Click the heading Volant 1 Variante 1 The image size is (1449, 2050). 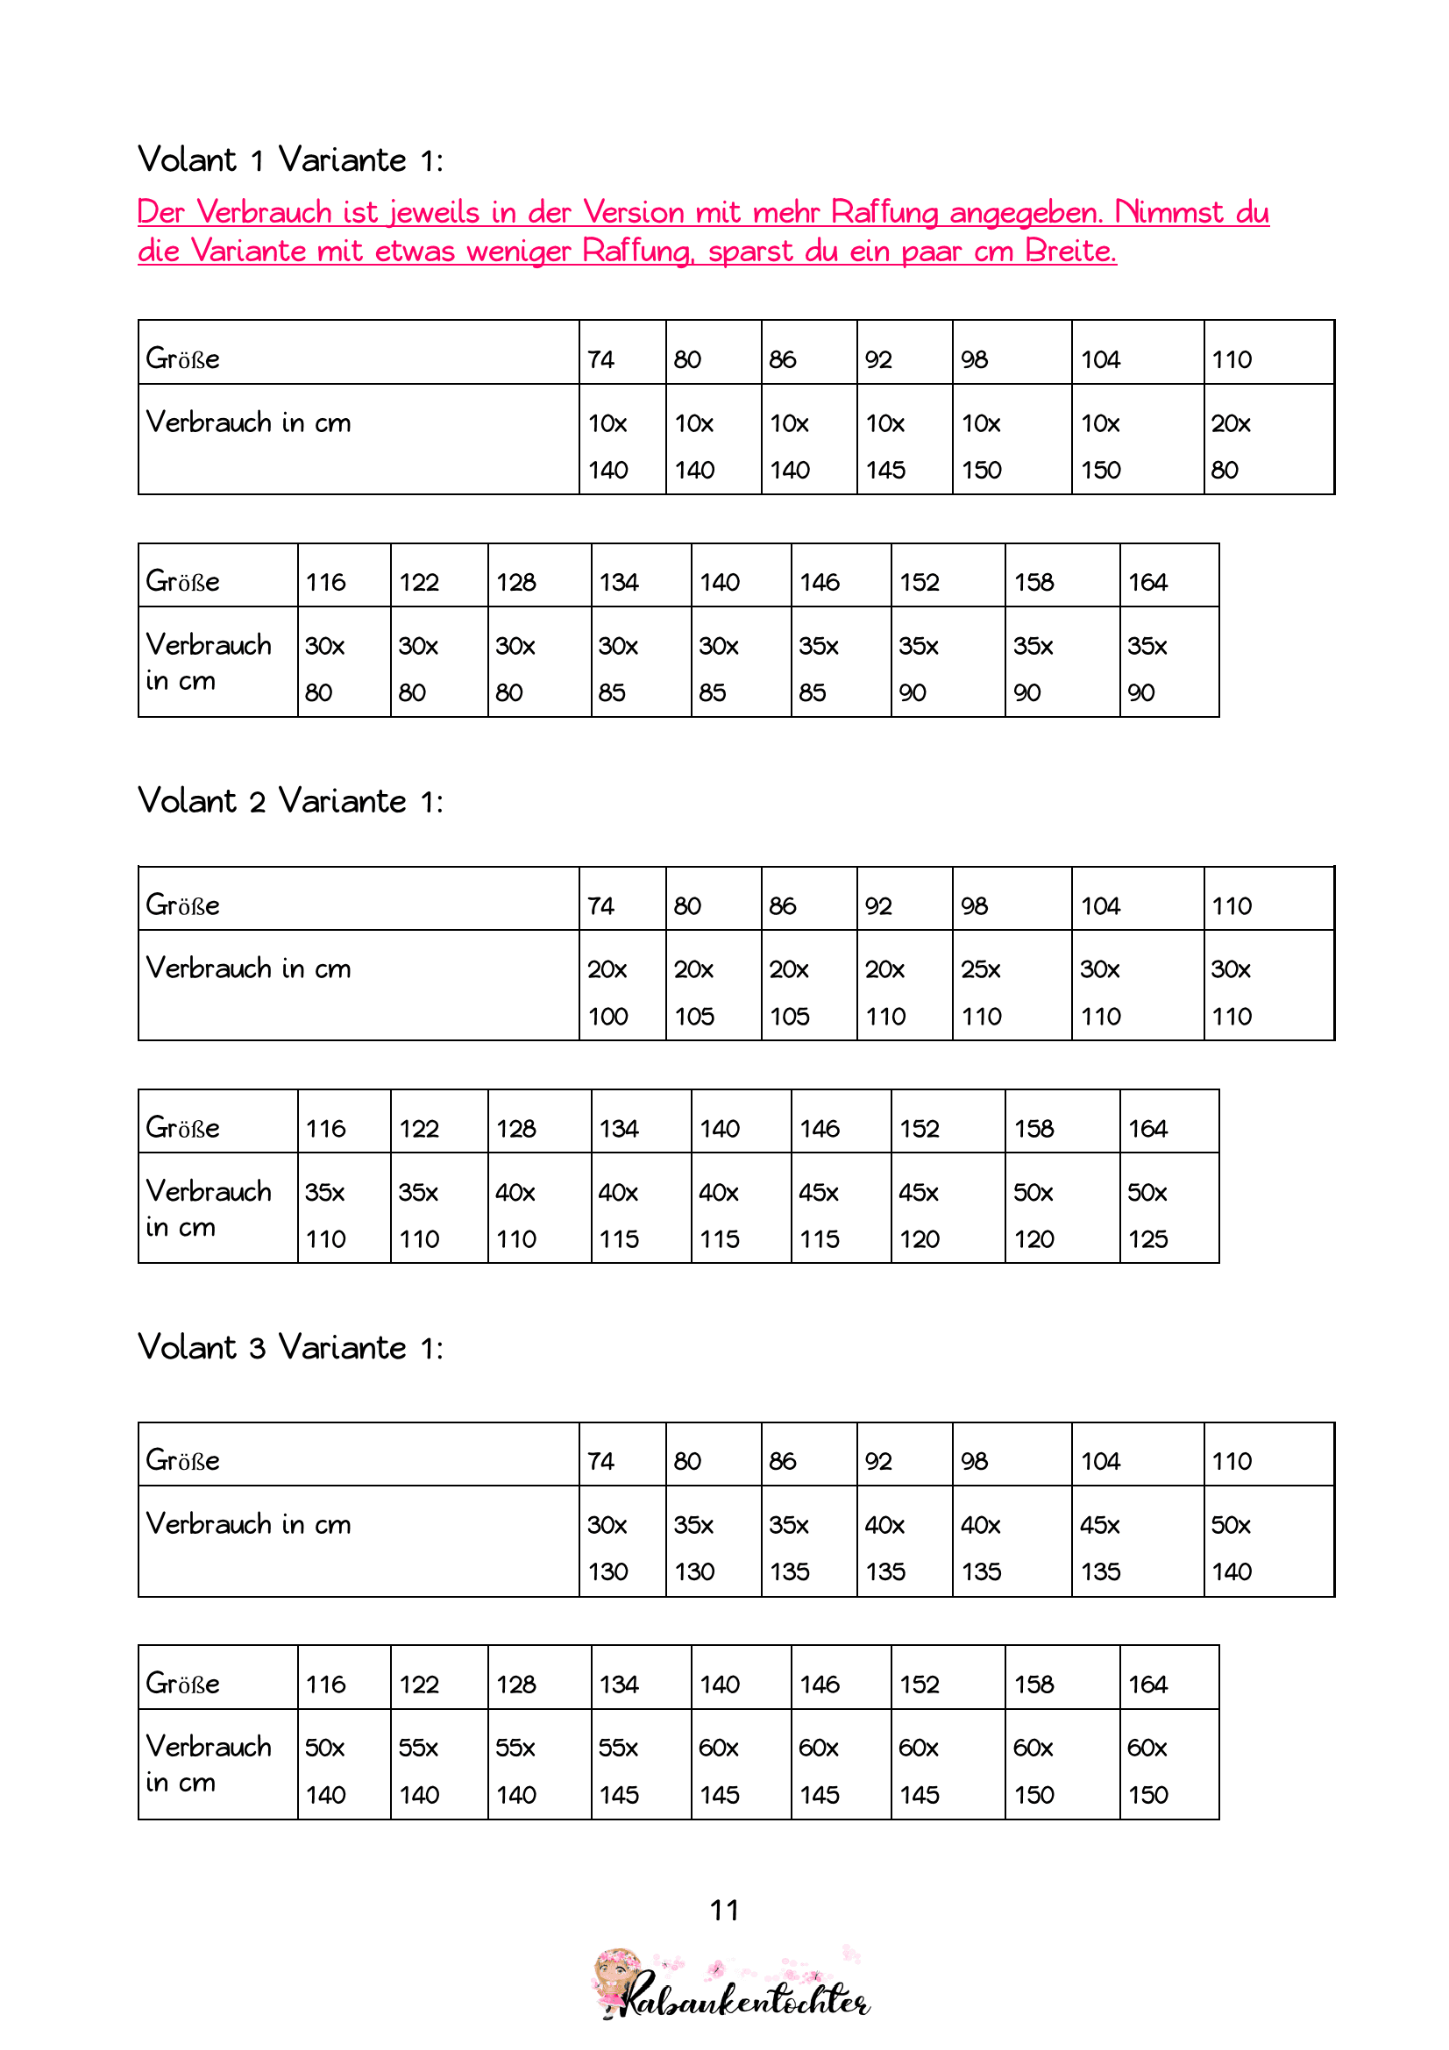point(290,160)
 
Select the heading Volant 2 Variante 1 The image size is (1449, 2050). point(290,801)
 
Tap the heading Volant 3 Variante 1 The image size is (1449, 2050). point(290,1347)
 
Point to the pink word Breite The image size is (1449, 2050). point(1069,251)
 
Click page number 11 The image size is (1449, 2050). point(724,1910)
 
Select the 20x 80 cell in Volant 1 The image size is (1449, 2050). point(1268,445)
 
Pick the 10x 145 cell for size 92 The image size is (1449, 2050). point(904,445)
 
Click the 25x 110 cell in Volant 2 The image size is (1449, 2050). point(1011,992)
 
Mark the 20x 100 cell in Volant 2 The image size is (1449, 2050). point(622,992)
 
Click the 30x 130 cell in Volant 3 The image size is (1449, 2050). point(622,1547)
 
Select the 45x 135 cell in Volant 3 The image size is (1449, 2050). point(1137,1547)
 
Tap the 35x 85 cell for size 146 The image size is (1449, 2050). point(840,669)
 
